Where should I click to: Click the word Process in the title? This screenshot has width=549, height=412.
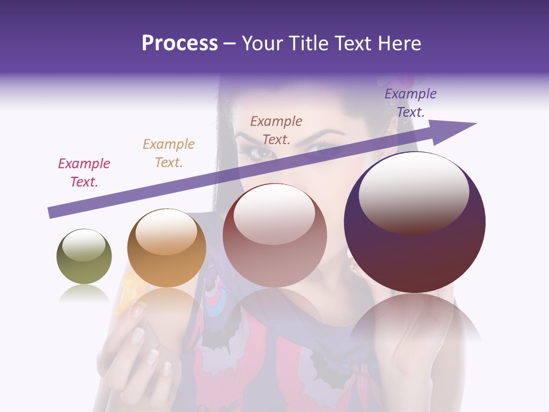[x=180, y=43]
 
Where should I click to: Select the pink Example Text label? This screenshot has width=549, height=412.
[x=84, y=173]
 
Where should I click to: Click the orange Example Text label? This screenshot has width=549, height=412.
[x=169, y=153]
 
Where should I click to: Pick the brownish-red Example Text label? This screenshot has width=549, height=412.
[x=276, y=130]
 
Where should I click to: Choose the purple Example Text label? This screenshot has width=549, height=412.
[x=411, y=103]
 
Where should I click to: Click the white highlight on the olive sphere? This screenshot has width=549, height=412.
[x=83, y=245]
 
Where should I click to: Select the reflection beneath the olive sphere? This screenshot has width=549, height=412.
[x=83, y=294]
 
